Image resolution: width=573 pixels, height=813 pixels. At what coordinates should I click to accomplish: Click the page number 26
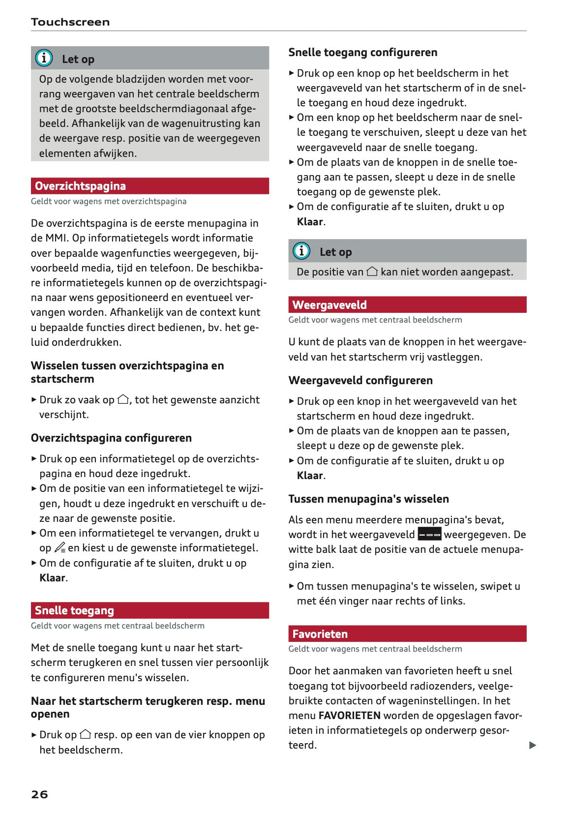click(39, 794)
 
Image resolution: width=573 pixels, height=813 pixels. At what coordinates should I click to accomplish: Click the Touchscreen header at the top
click(70, 22)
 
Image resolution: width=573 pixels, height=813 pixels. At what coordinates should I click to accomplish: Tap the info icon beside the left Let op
click(44, 59)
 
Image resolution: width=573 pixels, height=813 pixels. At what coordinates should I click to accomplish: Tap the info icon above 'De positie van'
click(302, 251)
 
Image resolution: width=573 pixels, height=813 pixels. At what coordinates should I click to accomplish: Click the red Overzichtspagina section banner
click(150, 186)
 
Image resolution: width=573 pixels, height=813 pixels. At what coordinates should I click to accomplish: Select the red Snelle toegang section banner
click(150, 610)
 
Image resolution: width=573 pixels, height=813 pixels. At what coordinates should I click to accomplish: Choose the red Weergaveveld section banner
click(407, 305)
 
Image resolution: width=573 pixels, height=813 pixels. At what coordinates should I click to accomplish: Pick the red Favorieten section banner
click(407, 633)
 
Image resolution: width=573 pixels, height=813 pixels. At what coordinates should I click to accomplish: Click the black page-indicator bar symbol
click(429, 535)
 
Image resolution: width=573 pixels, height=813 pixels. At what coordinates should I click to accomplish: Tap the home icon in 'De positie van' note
click(372, 271)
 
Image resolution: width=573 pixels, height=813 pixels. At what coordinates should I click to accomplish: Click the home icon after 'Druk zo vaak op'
click(123, 399)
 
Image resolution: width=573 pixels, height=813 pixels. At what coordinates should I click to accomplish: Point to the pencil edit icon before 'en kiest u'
click(60, 547)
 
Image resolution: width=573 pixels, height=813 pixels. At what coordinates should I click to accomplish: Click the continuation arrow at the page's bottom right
click(532, 745)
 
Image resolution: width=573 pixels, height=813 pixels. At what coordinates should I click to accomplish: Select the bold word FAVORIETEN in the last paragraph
click(349, 715)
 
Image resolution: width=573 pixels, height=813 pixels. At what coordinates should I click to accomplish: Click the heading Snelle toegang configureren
click(362, 52)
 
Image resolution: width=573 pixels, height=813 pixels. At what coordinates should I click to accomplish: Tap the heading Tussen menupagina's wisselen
click(368, 499)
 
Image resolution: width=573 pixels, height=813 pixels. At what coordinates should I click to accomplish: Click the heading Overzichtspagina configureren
click(111, 438)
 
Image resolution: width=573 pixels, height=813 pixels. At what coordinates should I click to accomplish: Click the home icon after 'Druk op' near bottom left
click(85, 734)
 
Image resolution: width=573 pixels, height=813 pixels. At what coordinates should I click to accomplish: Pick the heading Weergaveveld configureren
click(361, 380)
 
